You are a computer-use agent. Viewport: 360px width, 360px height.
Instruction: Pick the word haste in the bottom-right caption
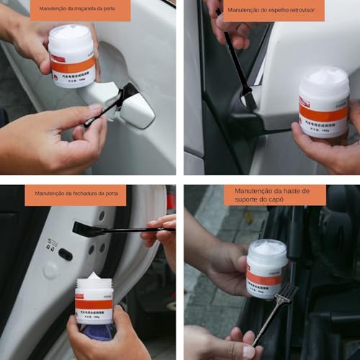coord(298,190)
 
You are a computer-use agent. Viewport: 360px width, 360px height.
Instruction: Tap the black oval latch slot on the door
coord(65,254)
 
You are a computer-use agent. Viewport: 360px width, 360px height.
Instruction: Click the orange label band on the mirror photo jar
coord(324,114)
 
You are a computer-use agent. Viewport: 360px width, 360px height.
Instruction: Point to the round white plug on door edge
coord(50,271)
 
